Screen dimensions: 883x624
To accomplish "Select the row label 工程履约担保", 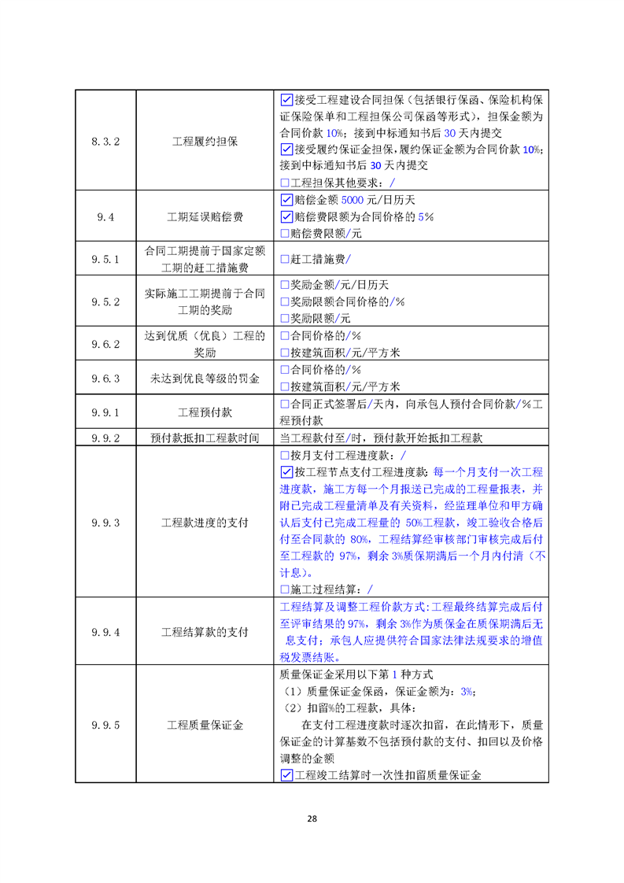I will [x=205, y=142].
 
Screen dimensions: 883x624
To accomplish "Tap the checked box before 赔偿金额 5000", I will [x=286, y=200].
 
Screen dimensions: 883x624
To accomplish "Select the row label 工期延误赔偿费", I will [x=205, y=216].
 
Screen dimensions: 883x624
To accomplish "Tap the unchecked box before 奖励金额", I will [x=285, y=284].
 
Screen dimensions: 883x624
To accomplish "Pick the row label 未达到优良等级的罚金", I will [x=205, y=378].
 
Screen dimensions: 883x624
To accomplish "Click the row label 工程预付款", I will [x=205, y=412].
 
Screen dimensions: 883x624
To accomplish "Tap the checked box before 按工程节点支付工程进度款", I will [x=286, y=472].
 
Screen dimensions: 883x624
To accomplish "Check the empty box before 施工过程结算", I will [x=285, y=589].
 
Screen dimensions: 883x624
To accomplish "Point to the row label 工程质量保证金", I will [x=205, y=725].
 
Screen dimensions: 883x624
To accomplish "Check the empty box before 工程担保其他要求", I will [x=285, y=183].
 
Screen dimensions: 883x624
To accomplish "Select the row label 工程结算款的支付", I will [x=205, y=632].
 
